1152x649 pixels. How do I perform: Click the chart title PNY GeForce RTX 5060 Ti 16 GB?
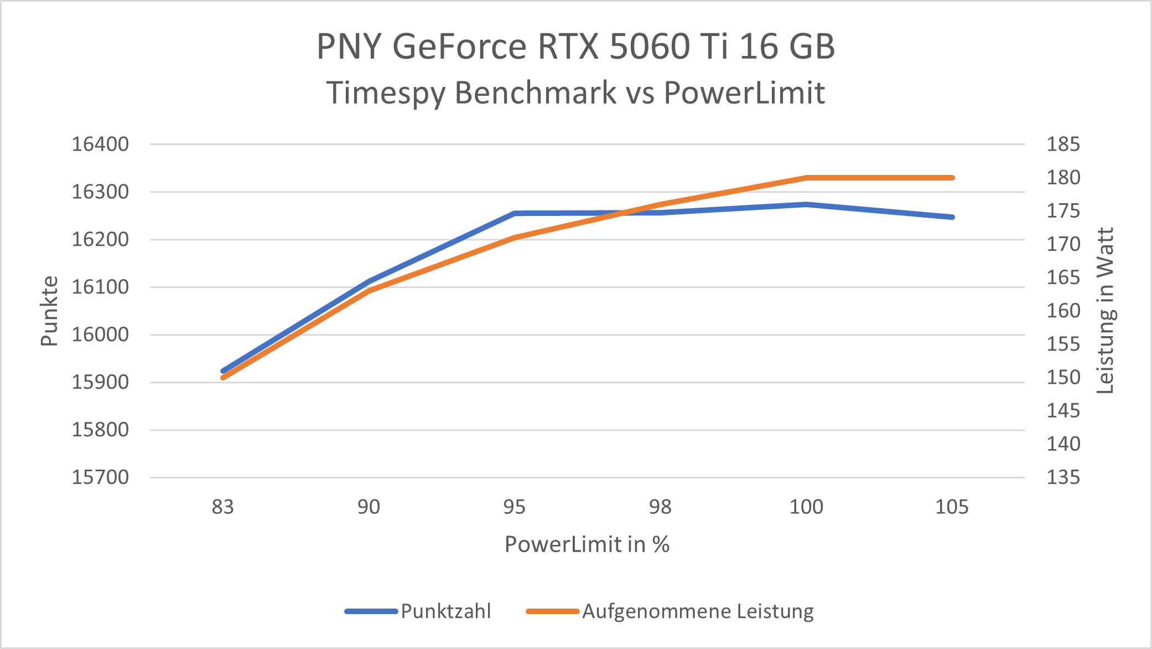(x=575, y=46)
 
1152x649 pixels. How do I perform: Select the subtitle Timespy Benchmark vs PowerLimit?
(x=575, y=92)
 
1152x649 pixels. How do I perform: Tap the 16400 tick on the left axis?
(x=100, y=144)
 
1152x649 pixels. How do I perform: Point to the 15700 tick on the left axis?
(x=100, y=477)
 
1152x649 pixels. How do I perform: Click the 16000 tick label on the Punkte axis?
(x=100, y=334)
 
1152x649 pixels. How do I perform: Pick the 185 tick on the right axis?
(x=1063, y=144)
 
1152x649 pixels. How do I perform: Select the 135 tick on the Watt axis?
(x=1063, y=477)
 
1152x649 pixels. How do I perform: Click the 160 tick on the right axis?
(x=1063, y=311)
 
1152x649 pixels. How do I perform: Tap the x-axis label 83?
(x=223, y=507)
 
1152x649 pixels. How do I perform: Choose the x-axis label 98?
(x=660, y=507)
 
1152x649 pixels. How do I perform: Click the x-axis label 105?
(x=952, y=507)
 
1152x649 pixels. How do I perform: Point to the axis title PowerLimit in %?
(x=587, y=544)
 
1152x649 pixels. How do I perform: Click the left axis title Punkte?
(x=49, y=311)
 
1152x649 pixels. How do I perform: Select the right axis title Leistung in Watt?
(x=1106, y=311)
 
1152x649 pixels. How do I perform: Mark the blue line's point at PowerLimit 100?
(x=806, y=204)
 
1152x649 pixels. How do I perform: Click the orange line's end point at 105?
(x=952, y=178)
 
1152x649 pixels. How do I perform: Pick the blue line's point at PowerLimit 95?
(x=515, y=213)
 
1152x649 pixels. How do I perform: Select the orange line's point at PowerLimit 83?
(x=224, y=378)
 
